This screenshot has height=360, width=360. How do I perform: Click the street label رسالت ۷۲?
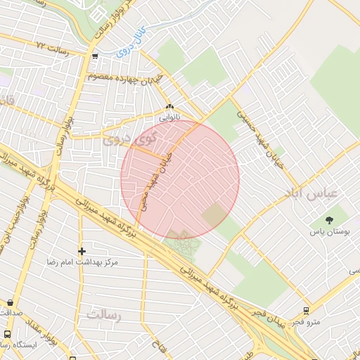tap(56, 46)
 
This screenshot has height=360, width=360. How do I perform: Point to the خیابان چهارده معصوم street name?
tap(127, 77)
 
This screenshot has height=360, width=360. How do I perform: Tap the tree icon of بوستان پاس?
tap(330, 220)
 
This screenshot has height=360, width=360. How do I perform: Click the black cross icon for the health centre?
tap(82, 250)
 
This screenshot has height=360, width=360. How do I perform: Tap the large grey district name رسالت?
tap(104, 315)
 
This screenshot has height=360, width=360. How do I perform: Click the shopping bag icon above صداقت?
tap(10, 302)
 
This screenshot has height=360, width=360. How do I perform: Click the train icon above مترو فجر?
tap(306, 310)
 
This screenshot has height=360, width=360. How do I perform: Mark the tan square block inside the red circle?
tap(215, 215)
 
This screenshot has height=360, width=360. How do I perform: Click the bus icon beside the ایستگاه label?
tap(7, 335)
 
